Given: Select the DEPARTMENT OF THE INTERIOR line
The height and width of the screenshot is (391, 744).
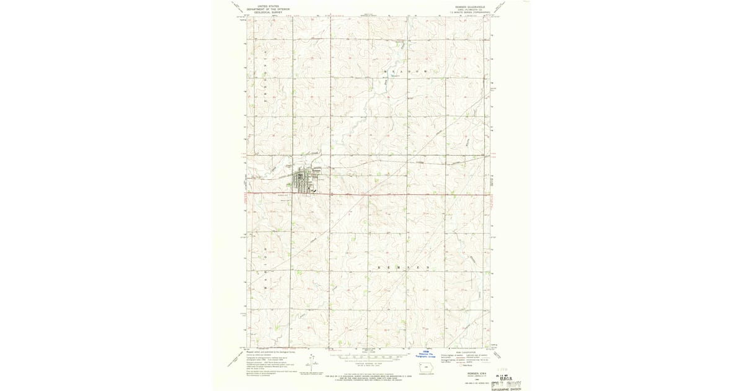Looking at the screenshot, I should coord(268,9).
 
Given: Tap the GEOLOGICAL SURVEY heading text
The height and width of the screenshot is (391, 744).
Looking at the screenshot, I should coord(268,12).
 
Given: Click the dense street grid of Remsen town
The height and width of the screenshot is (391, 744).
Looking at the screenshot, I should coord(306,181).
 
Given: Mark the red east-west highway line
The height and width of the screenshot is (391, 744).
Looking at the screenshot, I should coord(403,194).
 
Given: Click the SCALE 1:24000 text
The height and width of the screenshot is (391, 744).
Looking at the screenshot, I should coord(367,352).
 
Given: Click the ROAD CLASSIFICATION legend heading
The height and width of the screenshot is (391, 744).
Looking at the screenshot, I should coord(462,352).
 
